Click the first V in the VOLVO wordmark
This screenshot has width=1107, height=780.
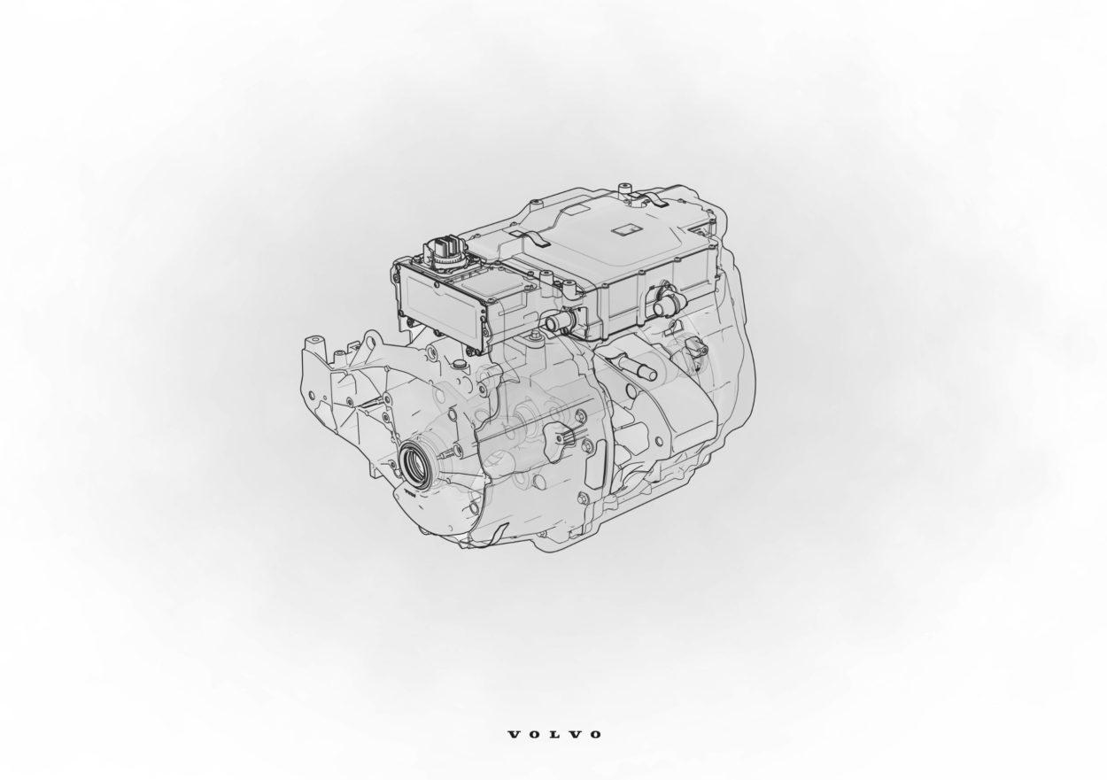coord(515,734)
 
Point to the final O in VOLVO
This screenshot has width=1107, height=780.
coord(595,734)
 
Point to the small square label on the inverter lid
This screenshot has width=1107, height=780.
coord(624,229)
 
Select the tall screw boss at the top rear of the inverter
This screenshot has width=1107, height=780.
coord(625,189)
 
